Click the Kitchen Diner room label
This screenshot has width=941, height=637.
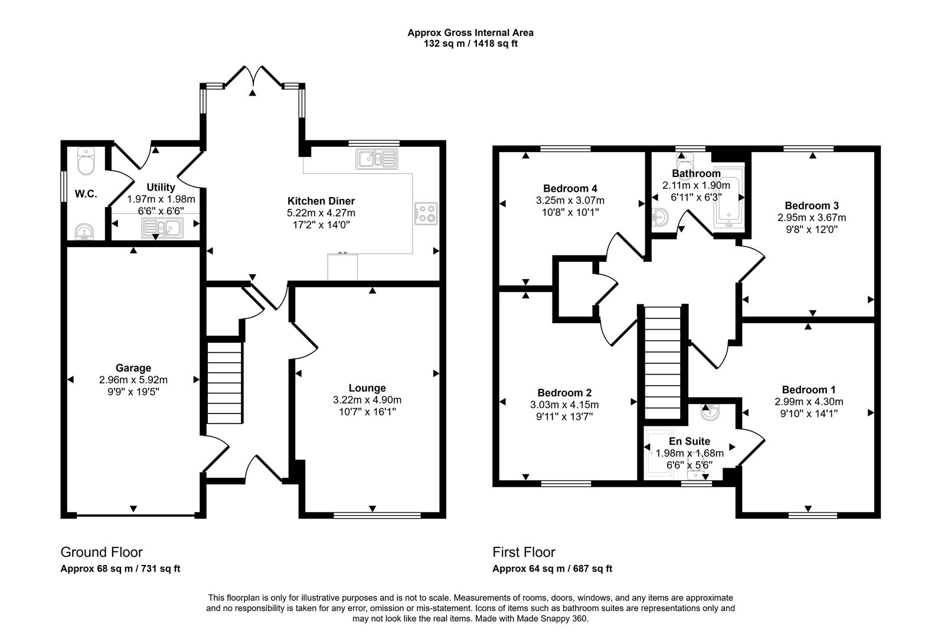coord(321,201)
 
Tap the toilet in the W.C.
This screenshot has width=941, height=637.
coord(86,162)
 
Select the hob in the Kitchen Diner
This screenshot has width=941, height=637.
coord(426,214)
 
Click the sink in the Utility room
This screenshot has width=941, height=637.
coord(162,227)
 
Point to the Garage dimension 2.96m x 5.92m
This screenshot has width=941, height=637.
coord(133,380)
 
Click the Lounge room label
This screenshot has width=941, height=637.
coord(367,388)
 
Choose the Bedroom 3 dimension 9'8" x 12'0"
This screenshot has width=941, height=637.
coord(812,229)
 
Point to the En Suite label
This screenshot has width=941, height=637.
coord(689,441)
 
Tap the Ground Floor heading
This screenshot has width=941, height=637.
coord(102,552)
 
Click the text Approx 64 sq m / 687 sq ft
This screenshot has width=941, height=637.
coord(552,569)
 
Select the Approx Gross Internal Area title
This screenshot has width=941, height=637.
coord(470,33)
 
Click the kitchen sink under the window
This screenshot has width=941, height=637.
coord(376,159)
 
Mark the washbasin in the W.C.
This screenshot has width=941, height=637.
coord(85,231)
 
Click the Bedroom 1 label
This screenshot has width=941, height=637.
coord(808,390)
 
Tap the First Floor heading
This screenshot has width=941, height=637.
coord(524,552)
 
